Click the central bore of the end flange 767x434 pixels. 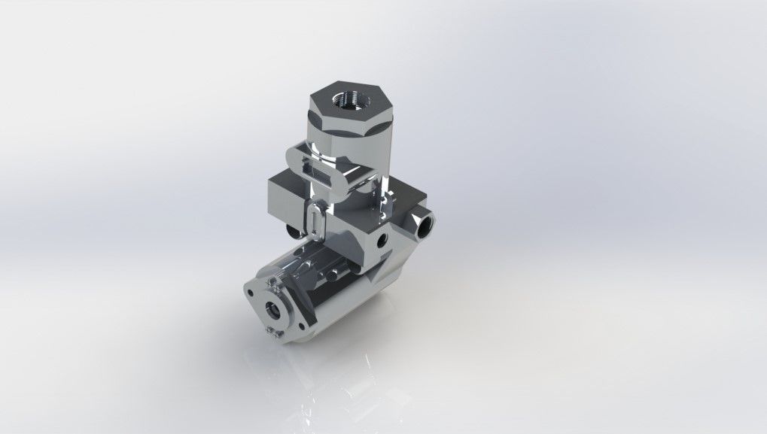click(275, 308)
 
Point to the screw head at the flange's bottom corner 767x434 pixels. click(269, 332)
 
